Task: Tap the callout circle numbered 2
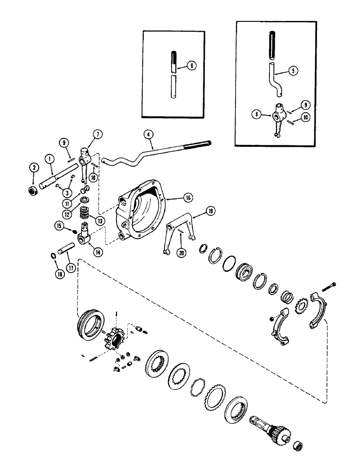click(x=34, y=166)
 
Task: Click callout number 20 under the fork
click(x=180, y=253)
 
